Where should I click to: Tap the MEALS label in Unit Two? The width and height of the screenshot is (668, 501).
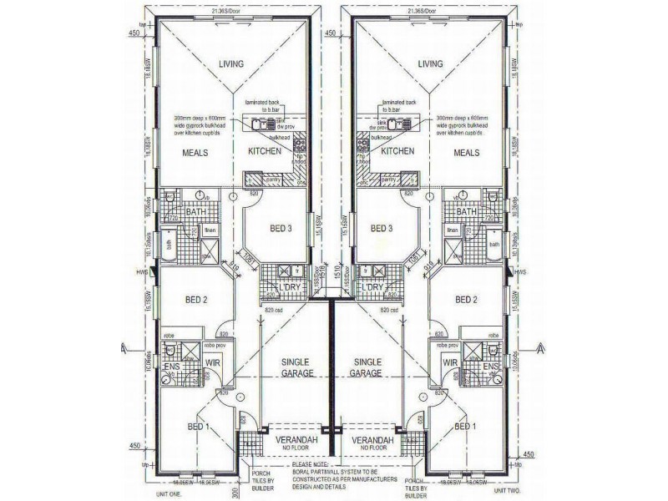468,153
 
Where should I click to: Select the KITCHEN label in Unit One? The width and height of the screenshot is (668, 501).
266,152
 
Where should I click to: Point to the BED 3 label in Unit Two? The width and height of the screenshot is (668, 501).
382,228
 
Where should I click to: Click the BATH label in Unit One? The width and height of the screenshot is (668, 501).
195,212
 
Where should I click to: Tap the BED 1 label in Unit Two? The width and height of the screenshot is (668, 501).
467,427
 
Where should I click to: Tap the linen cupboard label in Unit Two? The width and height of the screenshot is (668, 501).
453,230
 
